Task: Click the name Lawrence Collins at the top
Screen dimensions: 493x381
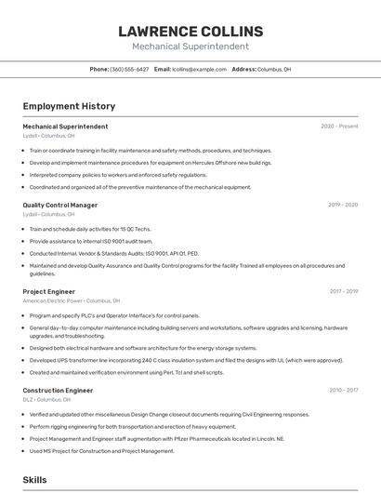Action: point(190,31)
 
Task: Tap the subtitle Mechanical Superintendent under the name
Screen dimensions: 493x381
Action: point(190,46)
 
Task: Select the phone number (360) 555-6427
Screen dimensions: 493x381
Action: point(129,69)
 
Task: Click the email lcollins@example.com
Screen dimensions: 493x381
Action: point(200,69)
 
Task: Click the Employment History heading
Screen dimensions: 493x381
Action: point(69,106)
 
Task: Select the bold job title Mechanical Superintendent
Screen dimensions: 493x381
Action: point(65,127)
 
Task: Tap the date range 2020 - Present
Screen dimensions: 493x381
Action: point(339,127)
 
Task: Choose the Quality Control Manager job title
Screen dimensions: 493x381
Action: point(59,205)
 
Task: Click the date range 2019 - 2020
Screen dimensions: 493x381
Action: point(343,205)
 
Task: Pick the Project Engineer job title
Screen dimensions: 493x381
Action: point(48,291)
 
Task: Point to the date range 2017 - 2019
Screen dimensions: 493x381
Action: point(343,291)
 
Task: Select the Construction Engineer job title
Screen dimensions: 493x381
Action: point(58,391)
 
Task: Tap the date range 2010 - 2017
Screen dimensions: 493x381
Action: point(343,391)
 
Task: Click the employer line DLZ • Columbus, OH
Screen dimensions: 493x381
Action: point(48,400)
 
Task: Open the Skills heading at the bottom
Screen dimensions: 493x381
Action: point(35,479)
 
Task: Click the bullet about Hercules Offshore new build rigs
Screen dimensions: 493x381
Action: point(151,162)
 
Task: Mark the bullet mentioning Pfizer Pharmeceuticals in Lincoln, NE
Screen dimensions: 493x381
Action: point(156,438)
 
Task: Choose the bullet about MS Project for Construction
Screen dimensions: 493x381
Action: point(101,450)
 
